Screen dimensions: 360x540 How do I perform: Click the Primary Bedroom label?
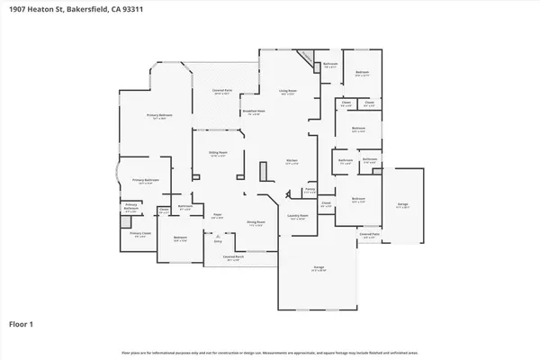[x=160, y=117]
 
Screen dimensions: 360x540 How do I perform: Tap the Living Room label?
[x=287, y=92]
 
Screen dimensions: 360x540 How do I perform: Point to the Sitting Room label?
[x=218, y=155]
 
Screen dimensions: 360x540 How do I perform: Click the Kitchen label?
[x=291, y=163]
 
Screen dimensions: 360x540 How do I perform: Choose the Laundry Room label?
[x=298, y=217]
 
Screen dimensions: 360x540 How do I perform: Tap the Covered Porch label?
[x=234, y=259]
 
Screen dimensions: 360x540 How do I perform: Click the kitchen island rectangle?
[x=262, y=172]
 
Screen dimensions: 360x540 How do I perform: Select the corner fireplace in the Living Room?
[x=308, y=58]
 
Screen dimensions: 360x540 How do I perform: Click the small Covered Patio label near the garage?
[x=369, y=235]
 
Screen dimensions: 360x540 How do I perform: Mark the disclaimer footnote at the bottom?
[x=270, y=351]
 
